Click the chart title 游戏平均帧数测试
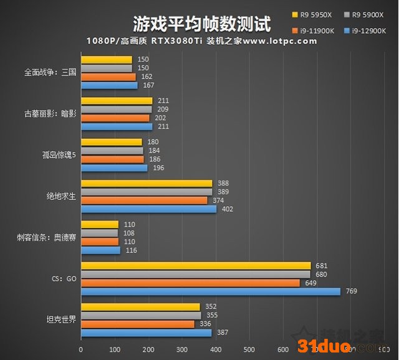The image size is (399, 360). click(x=202, y=24)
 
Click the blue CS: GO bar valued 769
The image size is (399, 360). click(x=211, y=291)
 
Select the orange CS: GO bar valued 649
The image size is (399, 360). click(x=190, y=283)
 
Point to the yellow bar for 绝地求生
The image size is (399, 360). click(x=147, y=183)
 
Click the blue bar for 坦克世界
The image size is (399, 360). click(x=146, y=333)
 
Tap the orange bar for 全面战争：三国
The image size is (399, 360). click(x=108, y=77)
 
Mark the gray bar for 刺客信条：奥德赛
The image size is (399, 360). click(x=99, y=233)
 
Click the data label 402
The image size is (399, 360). click(x=226, y=209)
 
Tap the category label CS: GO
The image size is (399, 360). click(x=64, y=278)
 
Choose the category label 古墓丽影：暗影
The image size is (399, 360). click(x=50, y=114)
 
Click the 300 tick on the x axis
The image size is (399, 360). click(x=181, y=350)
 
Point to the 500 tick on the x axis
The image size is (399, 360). click(x=249, y=350)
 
